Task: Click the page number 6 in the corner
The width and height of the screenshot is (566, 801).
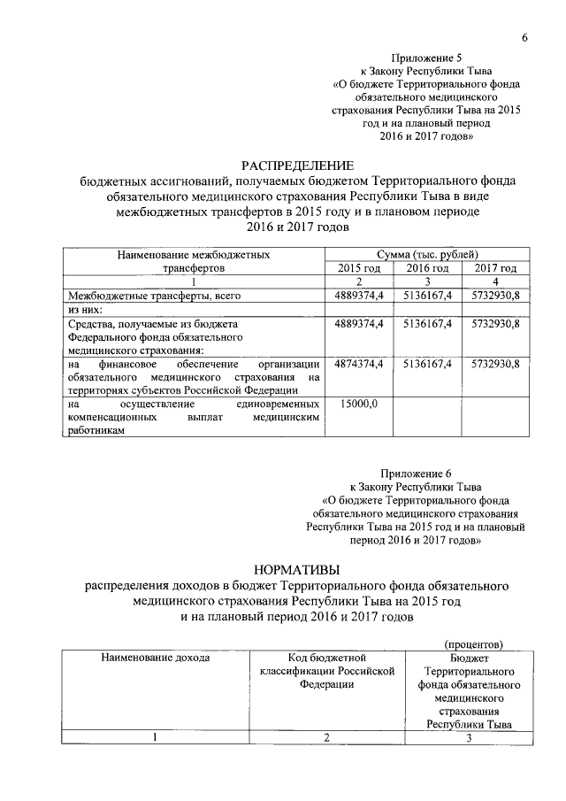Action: point(524,38)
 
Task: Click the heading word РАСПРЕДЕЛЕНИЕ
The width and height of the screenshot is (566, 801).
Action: point(297,166)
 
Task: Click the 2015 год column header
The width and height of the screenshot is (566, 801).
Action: point(359,267)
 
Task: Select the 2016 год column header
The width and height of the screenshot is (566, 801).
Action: point(427,267)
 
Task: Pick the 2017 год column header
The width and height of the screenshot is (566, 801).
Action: point(495,267)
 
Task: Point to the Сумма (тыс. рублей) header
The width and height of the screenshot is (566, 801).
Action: point(427,254)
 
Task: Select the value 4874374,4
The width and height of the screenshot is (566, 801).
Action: point(359,364)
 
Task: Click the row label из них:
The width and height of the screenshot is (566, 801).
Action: point(86,309)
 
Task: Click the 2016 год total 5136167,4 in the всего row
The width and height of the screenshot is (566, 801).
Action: point(427,294)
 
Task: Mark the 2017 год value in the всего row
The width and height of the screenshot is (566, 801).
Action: point(495,294)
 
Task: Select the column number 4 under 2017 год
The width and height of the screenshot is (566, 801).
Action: point(495,281)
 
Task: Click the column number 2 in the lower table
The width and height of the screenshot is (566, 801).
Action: point(326,739)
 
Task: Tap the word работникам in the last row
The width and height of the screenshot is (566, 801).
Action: point(96,430)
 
